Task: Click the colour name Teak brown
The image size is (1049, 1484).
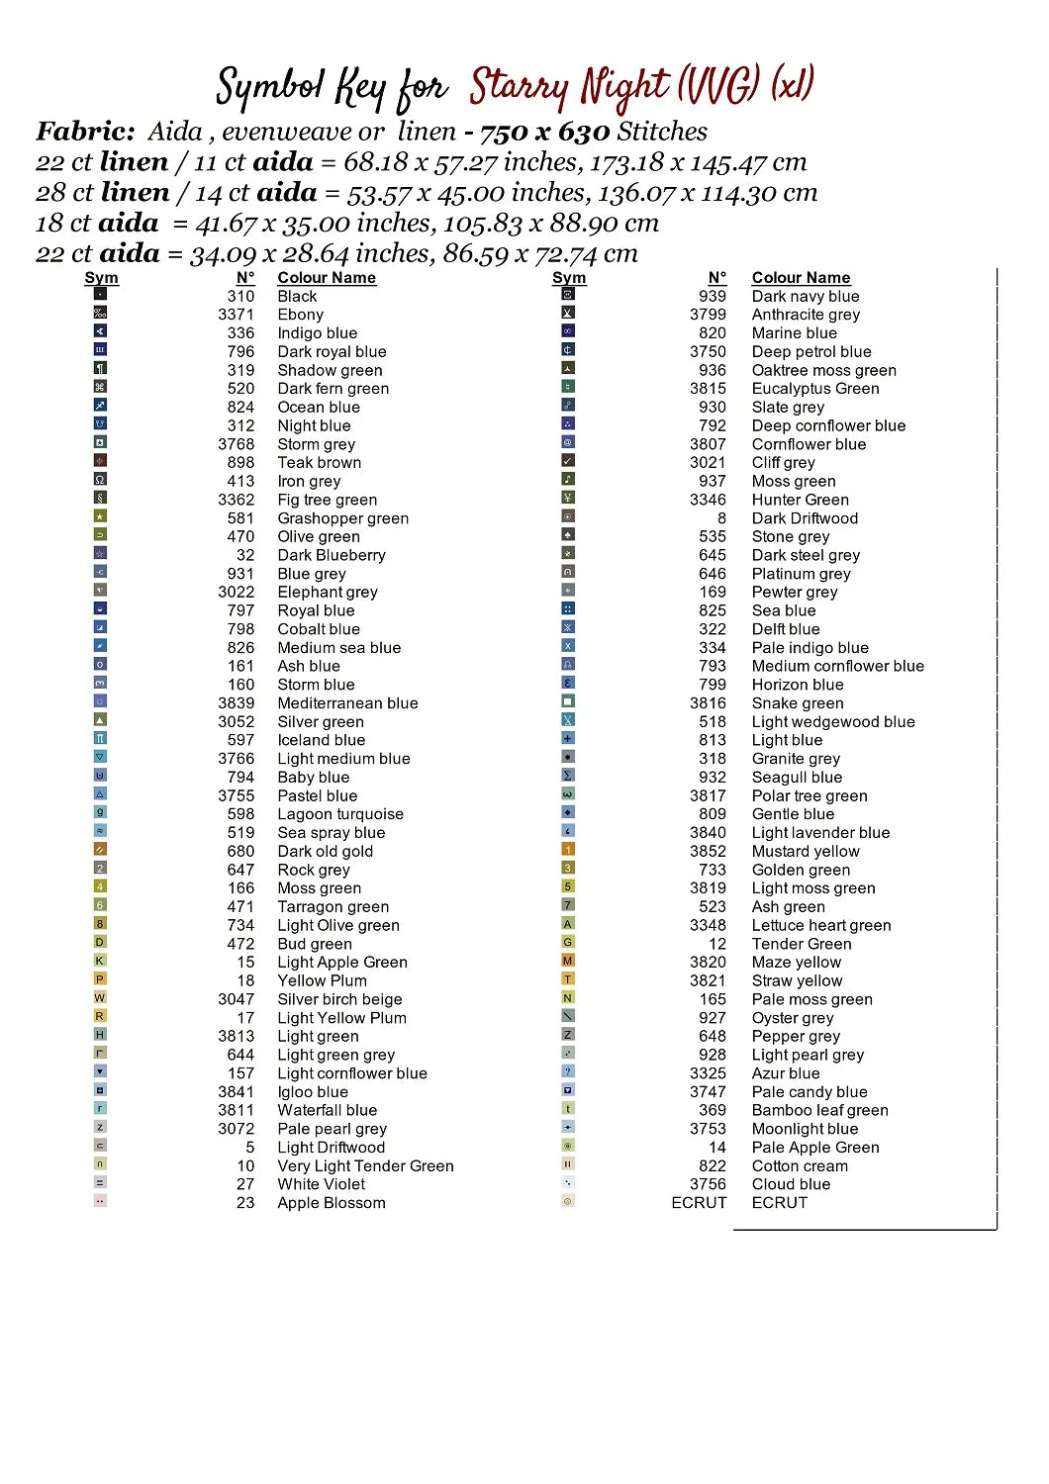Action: tap(319, 463)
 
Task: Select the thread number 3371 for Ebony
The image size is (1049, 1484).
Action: tap(236, 315)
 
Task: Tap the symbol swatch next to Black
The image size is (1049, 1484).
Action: tap(100, 294)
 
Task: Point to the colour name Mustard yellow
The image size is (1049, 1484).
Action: tap(806, 852)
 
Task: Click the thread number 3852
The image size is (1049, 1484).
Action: tap(708, 852)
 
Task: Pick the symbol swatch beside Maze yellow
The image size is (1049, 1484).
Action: tap(568, 961)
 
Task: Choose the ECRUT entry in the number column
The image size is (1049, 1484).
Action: tap(699, 1203)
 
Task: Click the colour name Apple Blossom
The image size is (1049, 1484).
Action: tap(332, 1203)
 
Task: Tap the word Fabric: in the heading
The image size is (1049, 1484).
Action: tap(86, 132)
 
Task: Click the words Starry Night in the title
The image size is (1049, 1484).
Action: tap(570, 87)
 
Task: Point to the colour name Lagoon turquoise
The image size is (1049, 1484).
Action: tap(340, 814)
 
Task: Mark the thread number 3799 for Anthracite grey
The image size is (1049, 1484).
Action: tap(708, 315)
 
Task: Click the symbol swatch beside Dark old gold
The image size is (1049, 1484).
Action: tap(100, 850)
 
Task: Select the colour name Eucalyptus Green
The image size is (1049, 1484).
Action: tap(815, 389)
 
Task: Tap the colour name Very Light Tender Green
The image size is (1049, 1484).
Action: tap(365, 1166)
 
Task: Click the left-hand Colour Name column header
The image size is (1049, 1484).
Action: tap(327, 278)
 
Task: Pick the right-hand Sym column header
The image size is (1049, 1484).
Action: tap(569, 278)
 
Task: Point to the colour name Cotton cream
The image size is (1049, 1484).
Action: tap(800, 1166)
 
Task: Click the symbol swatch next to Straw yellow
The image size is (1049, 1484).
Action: tap(568, 979)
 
